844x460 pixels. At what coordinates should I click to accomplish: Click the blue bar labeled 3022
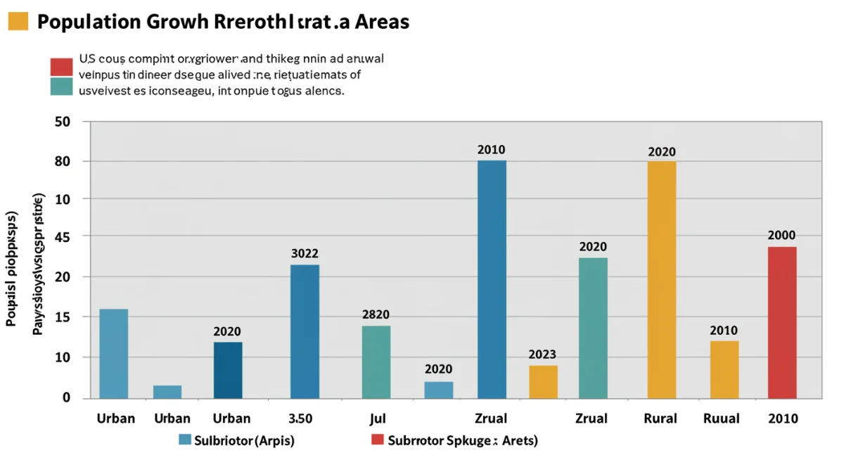point(305,331)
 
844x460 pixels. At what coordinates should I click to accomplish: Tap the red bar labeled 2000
point(782,323)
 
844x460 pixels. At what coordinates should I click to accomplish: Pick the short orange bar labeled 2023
point(543,382)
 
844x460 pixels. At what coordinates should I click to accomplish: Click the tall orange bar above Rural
point(661,280)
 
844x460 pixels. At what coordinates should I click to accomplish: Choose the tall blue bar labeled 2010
point(492,279)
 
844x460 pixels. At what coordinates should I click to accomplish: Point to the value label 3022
point(305,254)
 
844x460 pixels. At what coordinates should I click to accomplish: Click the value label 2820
point(376,315)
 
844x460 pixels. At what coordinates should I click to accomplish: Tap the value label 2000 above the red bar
point(781,235)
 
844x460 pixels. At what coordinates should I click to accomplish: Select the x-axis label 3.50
point(300,419)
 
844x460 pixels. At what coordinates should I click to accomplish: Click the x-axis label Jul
point(378,419)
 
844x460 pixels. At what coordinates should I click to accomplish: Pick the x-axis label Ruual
point(722,419)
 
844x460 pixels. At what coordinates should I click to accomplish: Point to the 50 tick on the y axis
point(63,121)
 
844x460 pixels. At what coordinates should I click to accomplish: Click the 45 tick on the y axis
point(63,237)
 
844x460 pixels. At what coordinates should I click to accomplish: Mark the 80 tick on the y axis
point(63,162)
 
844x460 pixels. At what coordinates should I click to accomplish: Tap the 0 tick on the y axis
point(67,398)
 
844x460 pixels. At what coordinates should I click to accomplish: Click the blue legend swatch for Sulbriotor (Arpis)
point(185,440)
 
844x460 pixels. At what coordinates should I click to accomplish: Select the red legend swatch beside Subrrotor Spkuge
point(378,440)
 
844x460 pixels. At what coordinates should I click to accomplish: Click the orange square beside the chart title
point(18,21)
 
